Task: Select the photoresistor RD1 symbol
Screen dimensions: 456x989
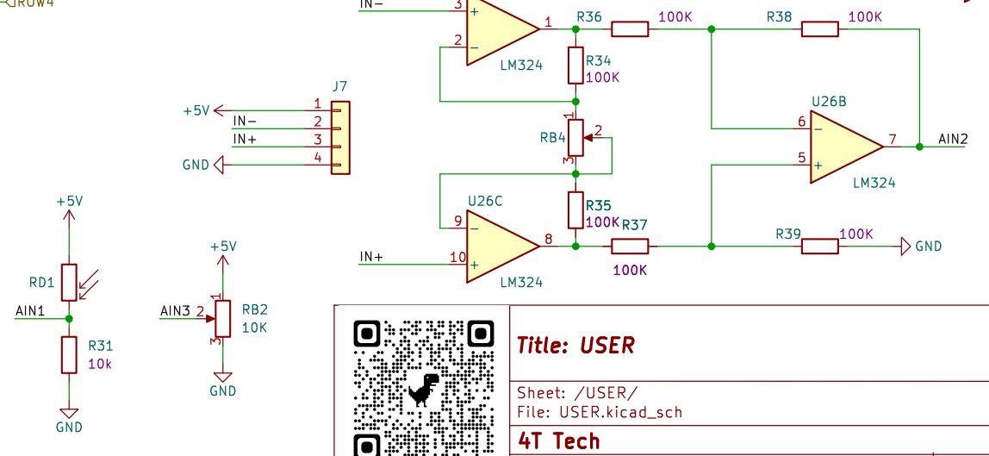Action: pos(70,282)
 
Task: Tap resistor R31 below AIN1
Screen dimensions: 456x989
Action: pos(70,354)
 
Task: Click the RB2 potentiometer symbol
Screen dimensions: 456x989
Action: pos(223,317)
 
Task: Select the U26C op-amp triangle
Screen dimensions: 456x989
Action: pos(501,246)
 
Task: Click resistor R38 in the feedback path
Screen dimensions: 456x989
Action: pos(819,29)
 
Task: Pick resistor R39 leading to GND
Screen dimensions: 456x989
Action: pos(819,247)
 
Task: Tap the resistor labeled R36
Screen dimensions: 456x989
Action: pos(630,29)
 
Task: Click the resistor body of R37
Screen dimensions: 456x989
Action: pos(630,247)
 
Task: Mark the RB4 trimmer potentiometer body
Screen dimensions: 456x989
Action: pos(575,137)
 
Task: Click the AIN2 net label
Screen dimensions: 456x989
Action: pos(953,139)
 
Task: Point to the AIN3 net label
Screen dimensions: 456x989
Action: pos(175,310)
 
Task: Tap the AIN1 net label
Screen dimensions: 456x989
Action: pos(30,310)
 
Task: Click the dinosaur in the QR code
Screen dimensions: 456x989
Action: pos(424,389)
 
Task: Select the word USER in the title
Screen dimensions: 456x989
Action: pos(607,346)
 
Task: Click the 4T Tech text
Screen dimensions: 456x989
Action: pos(558,441)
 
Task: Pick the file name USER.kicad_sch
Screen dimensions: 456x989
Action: pos(620,412)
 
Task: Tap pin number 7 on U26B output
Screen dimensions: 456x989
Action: pos(893,139)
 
